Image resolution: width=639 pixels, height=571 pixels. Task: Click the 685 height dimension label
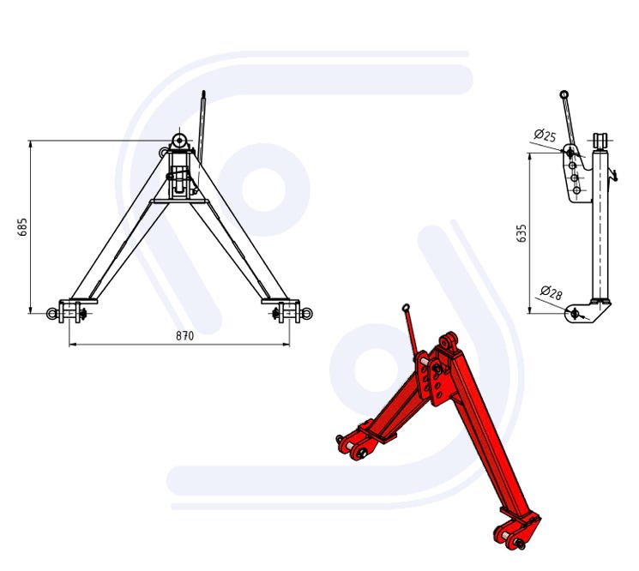(x=23, y=227)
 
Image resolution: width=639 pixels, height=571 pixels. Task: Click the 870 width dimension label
(x=184, y=335)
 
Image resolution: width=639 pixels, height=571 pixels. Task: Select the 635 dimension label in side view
(x=521, y=233)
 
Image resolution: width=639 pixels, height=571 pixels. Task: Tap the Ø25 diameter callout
(x=545, y=135)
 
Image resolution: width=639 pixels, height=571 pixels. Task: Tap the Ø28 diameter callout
(x=551, y=293)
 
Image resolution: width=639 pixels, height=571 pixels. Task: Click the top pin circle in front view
(x=179, y=141)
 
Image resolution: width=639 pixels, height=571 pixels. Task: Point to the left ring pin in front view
(x=52, y=313)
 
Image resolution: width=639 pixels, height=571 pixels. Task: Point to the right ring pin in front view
(x=307, y=313)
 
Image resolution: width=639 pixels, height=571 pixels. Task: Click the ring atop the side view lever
(x=564, y=94)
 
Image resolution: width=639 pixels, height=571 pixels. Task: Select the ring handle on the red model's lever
(x=406, y=308)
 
